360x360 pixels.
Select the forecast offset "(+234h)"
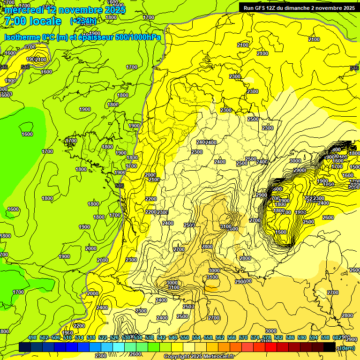(83, 21)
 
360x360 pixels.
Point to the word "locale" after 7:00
(45, 21)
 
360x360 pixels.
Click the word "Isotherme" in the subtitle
(22, 37)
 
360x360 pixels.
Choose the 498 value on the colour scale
(32, 337)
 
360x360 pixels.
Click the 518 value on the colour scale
(91, 337)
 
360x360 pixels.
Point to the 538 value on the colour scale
(150, 337)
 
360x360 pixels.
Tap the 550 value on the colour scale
(185, 337)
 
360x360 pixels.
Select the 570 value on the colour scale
(243, 337)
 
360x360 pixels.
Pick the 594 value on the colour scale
(314, 337)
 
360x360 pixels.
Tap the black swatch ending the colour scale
(330, 347)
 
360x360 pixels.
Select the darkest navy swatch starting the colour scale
(25, 347)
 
